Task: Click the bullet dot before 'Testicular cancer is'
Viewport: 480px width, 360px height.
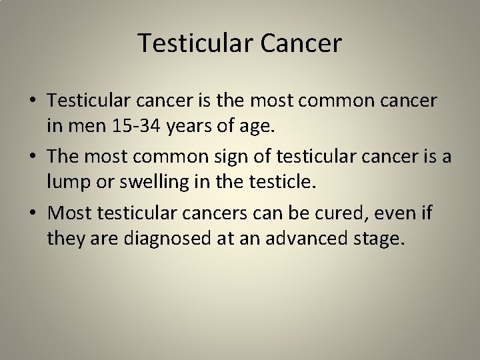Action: click(32, 101)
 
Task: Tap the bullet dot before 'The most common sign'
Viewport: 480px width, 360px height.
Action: click(32, 157)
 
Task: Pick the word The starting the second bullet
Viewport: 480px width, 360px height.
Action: click(63, 157)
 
